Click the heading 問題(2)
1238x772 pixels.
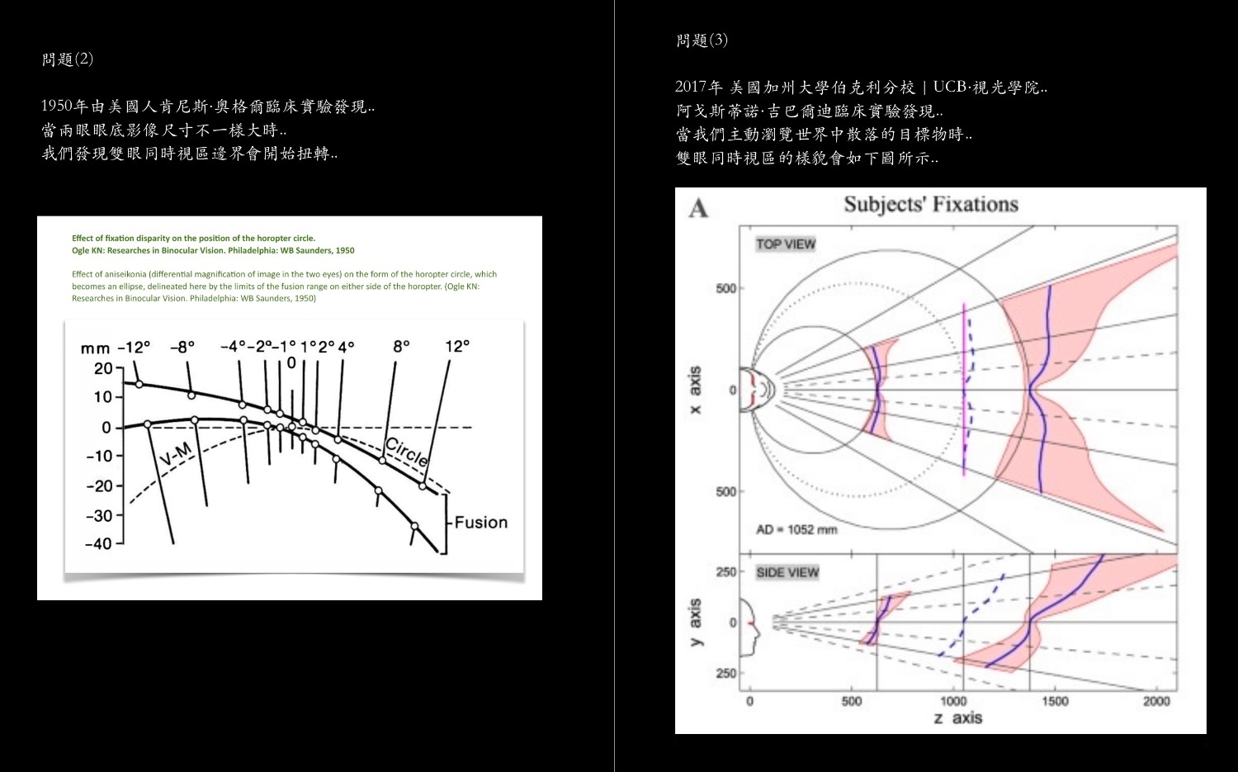pos(68,59)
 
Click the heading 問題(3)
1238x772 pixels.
pos(702,40)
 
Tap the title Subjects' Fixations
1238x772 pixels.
pos(930,205)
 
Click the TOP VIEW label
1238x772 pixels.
pos(786,244)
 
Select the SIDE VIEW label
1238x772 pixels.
pos(787,572)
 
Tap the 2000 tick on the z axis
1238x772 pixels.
pos(1156,701)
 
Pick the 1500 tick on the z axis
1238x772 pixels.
pos(1055,701)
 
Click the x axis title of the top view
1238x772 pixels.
pos(695,390)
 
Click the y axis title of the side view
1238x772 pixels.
pos(695,623)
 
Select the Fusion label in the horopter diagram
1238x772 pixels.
pos(480,523)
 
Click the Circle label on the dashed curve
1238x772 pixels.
pos(407,452)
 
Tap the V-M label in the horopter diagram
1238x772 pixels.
pos(175,453)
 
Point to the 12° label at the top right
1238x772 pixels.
pos(457,347)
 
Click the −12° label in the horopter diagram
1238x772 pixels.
pos(134,348)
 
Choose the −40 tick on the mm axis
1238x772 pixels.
pos(98,544)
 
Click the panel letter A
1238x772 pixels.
pos(698,208)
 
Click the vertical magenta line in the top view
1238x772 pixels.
pos(963,388)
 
